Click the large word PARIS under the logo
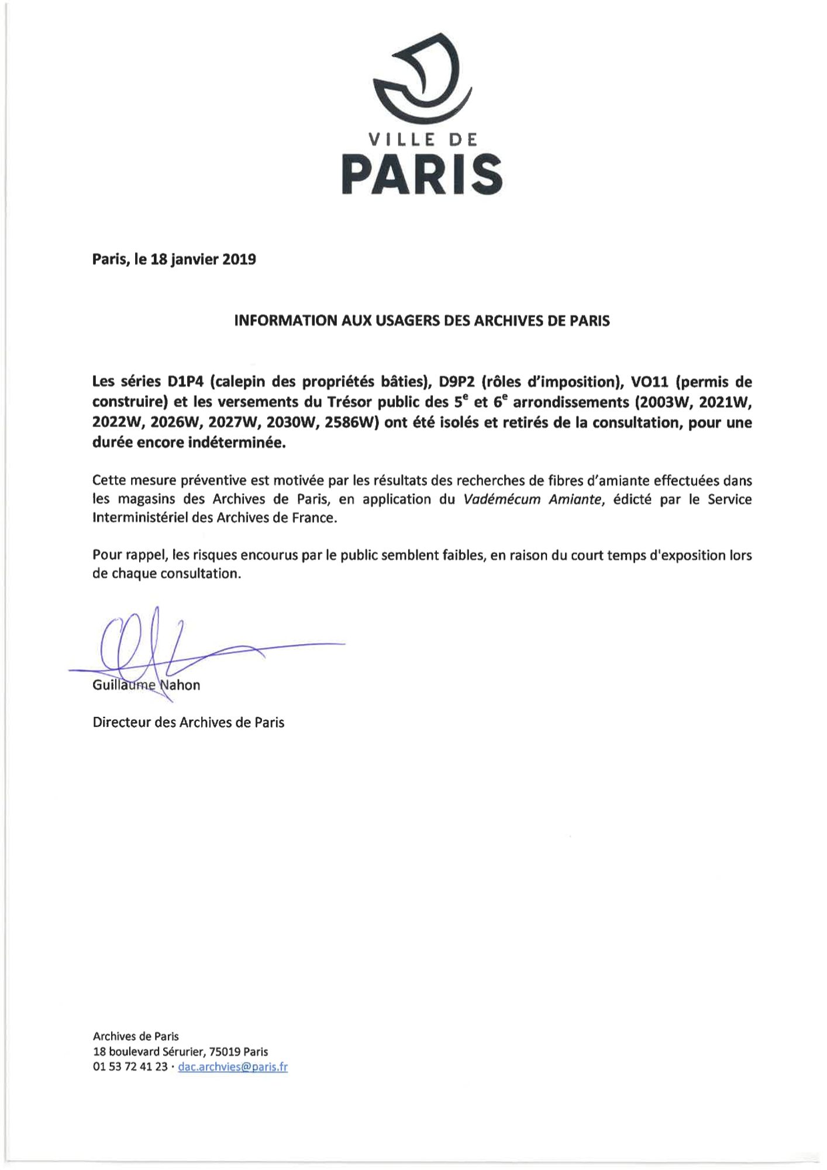(422, 175)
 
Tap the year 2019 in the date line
(239, 259)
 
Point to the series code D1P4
(186, 382)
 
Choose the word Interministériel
(140, 518)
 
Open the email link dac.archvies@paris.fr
(232, 1066)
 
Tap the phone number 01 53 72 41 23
(130, 1066)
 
